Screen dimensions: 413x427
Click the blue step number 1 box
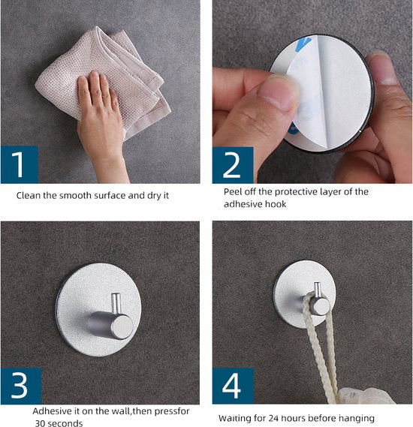tap(20, 164)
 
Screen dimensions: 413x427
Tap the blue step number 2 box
tap(233, 165)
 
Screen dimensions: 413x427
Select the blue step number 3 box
tap(21, 386)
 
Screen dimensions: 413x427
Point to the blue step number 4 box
tap(233, 386)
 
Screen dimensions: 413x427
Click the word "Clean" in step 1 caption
tap(29, 195)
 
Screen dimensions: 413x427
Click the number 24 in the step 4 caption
tap(273, 418)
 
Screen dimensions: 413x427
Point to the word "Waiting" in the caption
tap(234, 418)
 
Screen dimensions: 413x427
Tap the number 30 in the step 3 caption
tap(40, 423)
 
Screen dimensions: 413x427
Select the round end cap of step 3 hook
tap(123, 327)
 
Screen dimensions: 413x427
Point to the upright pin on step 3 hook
tap(116, 303)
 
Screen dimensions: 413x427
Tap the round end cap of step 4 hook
tap(321, 306)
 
